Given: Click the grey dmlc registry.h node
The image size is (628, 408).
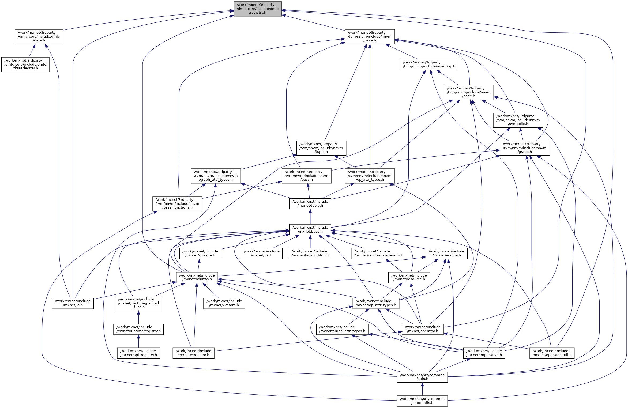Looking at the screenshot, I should click(258, 9).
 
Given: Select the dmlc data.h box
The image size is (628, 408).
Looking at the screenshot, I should click(39, 37).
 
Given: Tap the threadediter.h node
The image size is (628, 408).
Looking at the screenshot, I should click(25, 65).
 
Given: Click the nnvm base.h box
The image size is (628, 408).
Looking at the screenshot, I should click(370, 37).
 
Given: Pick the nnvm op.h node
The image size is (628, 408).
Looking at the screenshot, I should click(429, 65).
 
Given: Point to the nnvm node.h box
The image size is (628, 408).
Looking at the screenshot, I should click(469, 92).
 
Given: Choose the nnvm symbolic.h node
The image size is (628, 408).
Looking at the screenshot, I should click(518, 120).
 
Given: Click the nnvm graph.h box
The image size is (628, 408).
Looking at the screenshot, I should click(525, 148).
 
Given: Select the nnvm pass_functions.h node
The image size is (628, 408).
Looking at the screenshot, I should click(177, 204).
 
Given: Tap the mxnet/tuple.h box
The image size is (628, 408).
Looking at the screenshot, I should click(310, 204).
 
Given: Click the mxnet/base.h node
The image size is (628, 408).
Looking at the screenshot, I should click(310, 230).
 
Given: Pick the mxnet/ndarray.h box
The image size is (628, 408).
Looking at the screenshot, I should click(197, 277).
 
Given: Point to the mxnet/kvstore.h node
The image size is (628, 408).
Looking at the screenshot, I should click(224, 303).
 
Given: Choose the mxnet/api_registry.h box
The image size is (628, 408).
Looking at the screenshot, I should click(138, 353).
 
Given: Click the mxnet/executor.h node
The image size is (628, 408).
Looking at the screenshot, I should click(193, 353).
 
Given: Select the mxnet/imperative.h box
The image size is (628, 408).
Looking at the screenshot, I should click(484, 353).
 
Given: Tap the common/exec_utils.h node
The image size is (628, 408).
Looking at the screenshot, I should click(422, 401).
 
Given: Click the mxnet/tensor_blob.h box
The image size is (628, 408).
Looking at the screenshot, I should click(310, 254).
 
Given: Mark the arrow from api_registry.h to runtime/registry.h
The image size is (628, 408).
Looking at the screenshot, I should click(138, 341).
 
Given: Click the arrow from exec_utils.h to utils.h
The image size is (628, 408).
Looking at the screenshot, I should click(422, 389).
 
